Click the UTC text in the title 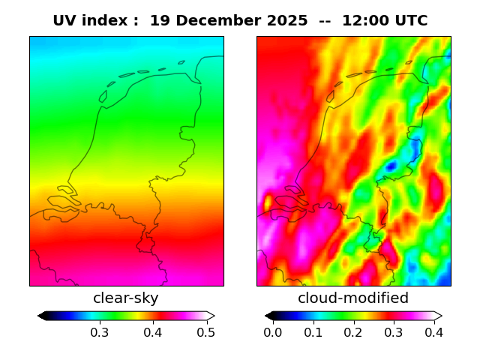[x=409, y=21]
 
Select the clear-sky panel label [x=126, y=298]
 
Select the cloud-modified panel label [x=353, y=298]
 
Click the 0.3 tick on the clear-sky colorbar [x=99, y=331]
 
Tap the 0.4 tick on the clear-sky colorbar [x=153, y=331]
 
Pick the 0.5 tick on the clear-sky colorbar [x=206, y=331]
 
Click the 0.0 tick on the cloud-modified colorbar [x=273, y=331]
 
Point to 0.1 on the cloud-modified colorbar [x=313, y=331]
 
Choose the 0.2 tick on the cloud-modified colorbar [x=353, y=331]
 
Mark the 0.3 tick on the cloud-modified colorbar [x=393, y=331]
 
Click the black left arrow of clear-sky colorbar [x=42, y=316]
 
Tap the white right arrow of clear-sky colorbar [x=211, y=316]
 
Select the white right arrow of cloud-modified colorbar [x=437, y=316]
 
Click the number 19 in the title [x=159, y=21]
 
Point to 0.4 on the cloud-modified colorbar [x=433, y=331]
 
